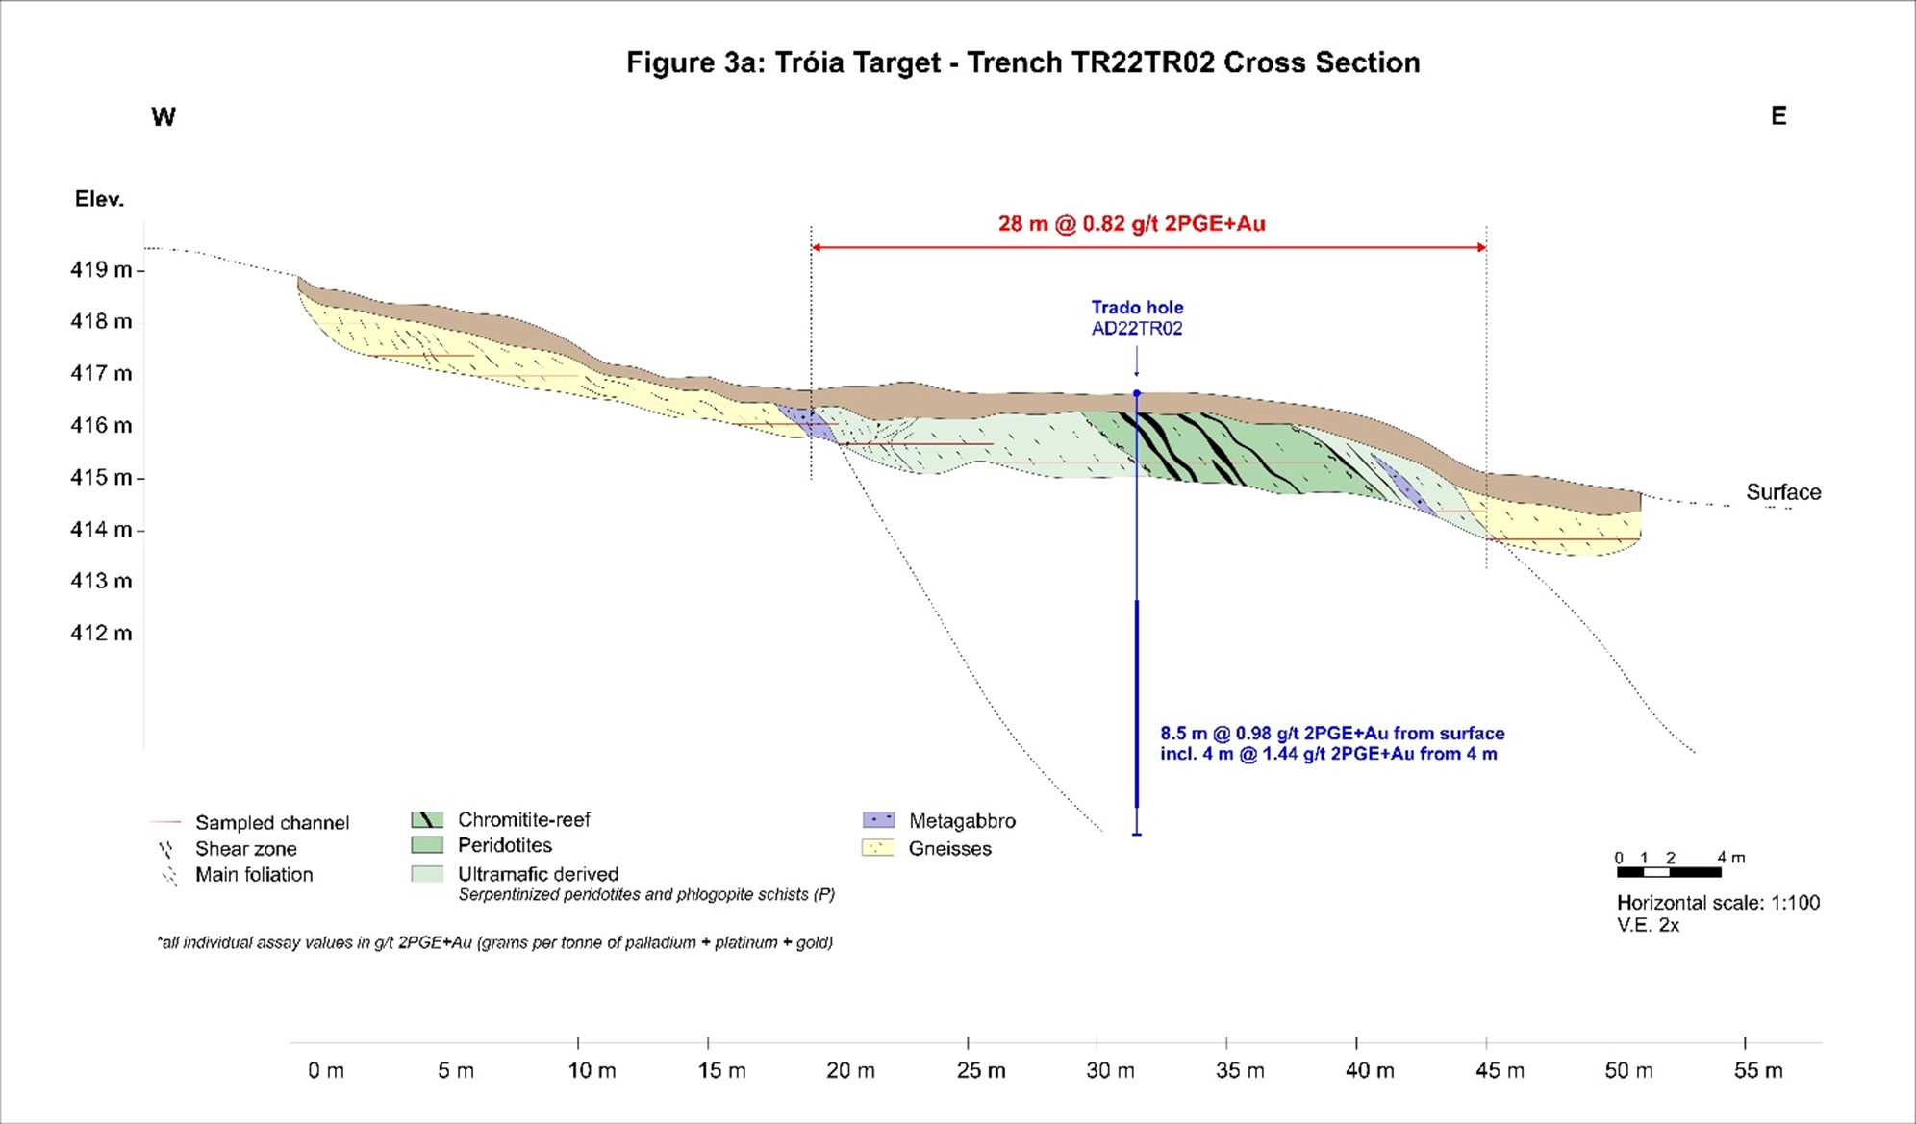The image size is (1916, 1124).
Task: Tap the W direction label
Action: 164,117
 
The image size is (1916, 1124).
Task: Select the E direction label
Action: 1778,116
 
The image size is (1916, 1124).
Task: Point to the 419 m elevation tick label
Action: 101,269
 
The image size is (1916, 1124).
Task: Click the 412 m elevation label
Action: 101,633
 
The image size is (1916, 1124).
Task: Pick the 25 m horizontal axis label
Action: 981,1070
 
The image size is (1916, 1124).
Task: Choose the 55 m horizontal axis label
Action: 1758,1070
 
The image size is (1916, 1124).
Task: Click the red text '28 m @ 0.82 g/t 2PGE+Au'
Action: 1131,224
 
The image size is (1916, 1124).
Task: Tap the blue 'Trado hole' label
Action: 1137,308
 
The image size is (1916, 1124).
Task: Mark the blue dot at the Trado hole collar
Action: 1137,393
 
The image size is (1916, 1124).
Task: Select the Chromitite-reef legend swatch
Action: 427,820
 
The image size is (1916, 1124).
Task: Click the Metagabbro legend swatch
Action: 879,820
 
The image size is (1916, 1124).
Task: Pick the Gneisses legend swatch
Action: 878,848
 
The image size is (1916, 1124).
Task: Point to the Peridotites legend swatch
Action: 427,845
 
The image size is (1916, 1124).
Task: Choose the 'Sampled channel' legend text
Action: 272,823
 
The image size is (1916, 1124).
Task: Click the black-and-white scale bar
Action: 1669,872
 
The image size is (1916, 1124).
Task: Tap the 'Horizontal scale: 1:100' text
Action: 1718,903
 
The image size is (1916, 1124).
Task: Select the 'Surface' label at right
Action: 1783,492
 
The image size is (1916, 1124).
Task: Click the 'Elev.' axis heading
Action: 100,199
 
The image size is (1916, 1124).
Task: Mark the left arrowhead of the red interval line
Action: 816,247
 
